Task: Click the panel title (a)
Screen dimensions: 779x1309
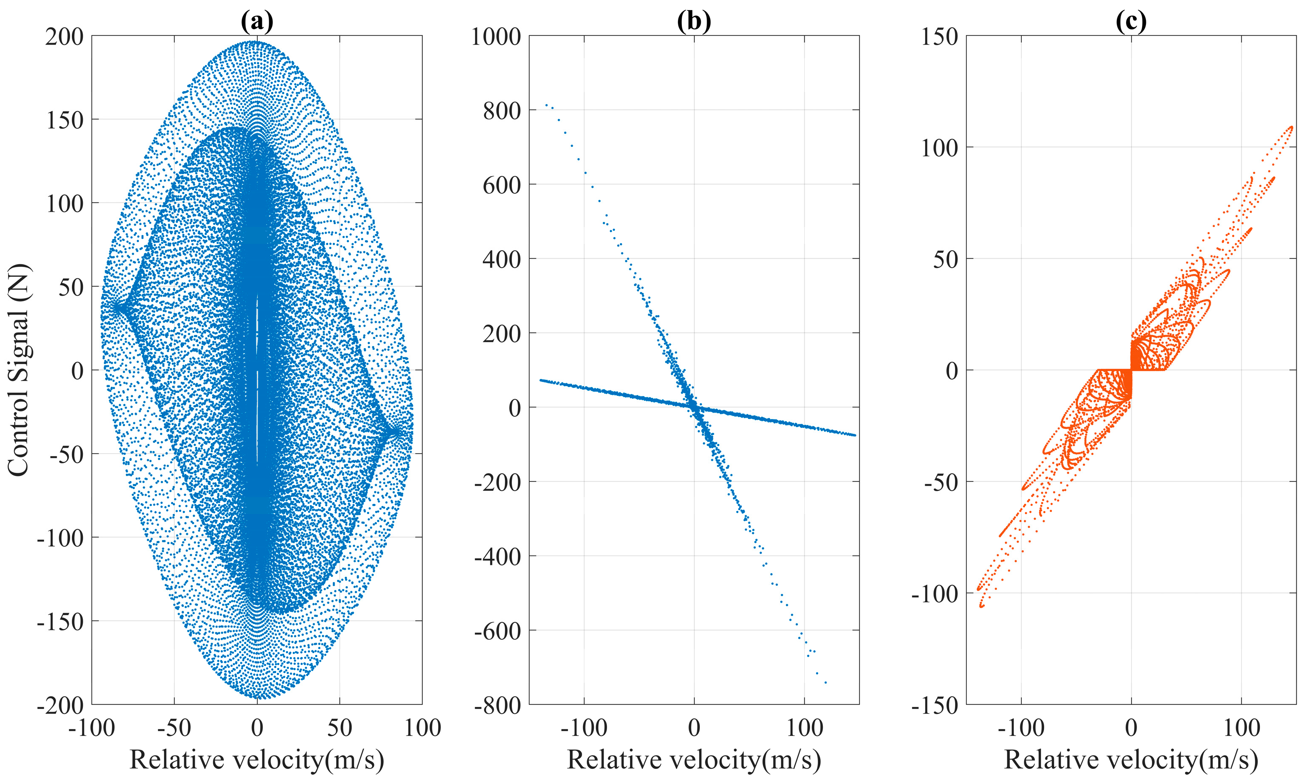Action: pos(257,21)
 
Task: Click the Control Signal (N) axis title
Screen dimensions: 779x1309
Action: pos(19,370)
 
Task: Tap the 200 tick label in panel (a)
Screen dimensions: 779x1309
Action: pos(64,37)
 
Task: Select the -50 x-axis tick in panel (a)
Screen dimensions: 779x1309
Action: pos(174,728)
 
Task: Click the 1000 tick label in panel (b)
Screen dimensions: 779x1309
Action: pos(496,37)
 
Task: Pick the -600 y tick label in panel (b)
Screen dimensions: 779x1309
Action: pos(497,631)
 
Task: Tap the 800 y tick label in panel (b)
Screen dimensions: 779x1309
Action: pos(502,111)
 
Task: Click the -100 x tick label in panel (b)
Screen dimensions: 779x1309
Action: pos(584,728)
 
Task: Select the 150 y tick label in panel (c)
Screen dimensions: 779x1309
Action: pos(940,37)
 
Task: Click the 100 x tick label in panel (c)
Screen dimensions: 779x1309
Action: pos(1241,728)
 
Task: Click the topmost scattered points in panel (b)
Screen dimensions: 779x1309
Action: pos(546,105)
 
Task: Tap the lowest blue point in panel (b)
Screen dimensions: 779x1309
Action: pos(826,682)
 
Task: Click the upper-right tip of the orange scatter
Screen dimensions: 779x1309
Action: pos(1292,127)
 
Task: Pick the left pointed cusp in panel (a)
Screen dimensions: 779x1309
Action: pos(117,307)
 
